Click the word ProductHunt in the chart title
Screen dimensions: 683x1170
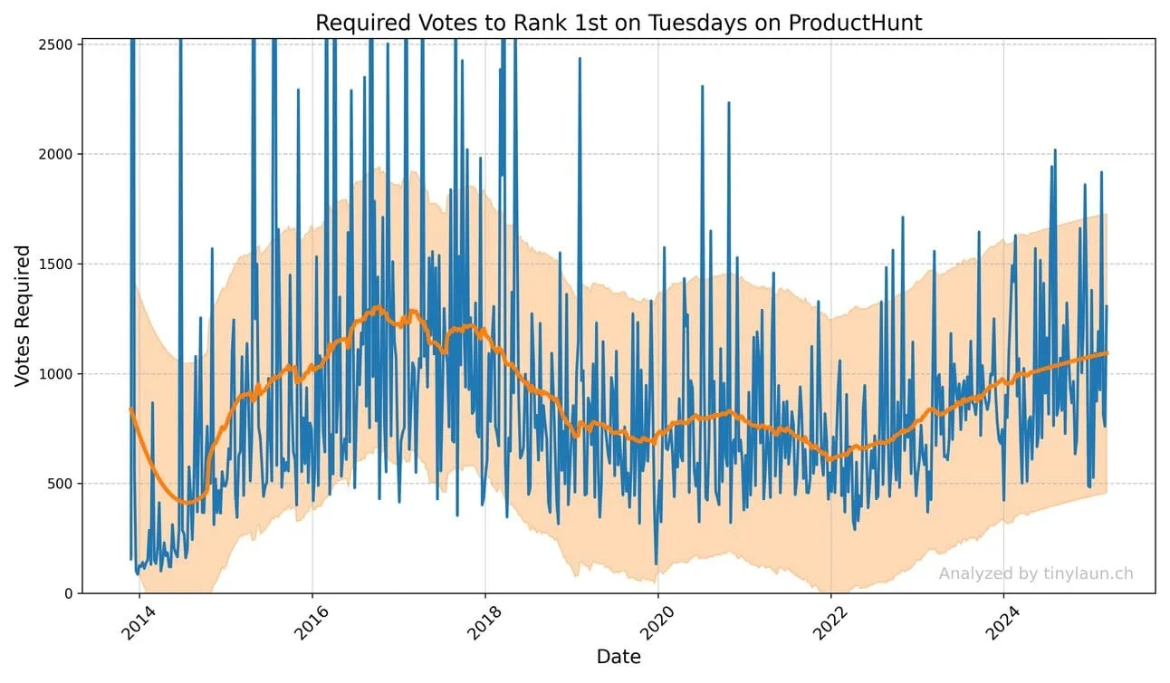[x=855, y=23]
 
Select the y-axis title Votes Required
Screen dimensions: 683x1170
[x=24, y=315]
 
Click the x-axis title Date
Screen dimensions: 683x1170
[x=619, y=657]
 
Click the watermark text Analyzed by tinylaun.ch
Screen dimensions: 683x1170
[x=1035, y=573]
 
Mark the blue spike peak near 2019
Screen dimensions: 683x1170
[x=580, y=59]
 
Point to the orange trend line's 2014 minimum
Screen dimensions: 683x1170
[x=187, y=501]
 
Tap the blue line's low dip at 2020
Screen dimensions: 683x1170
[x=656, y=564]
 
